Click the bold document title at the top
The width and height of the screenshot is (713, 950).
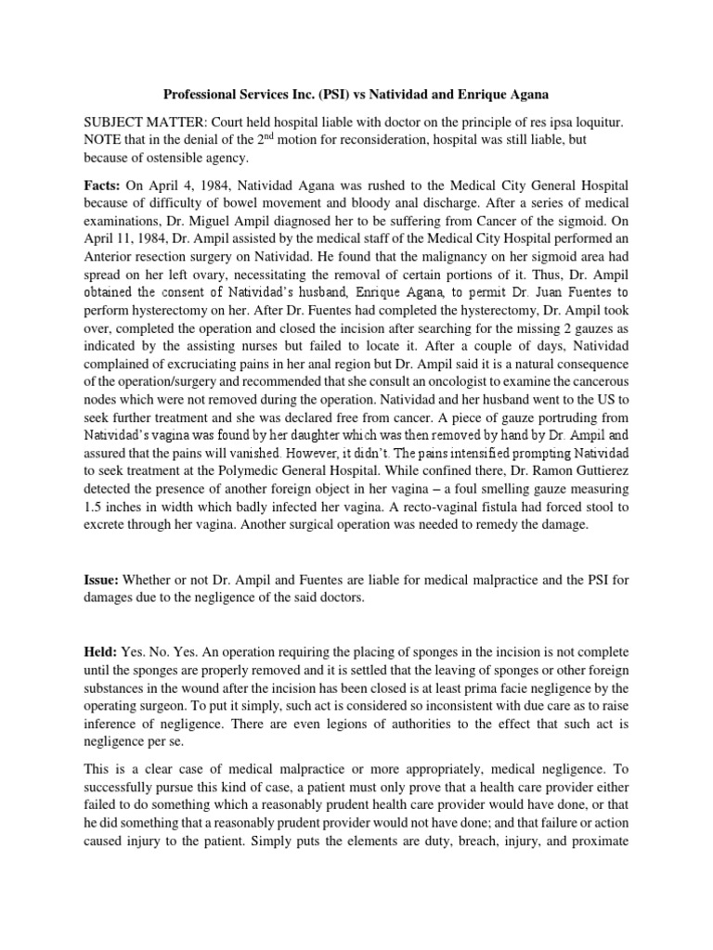[356, 94]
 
